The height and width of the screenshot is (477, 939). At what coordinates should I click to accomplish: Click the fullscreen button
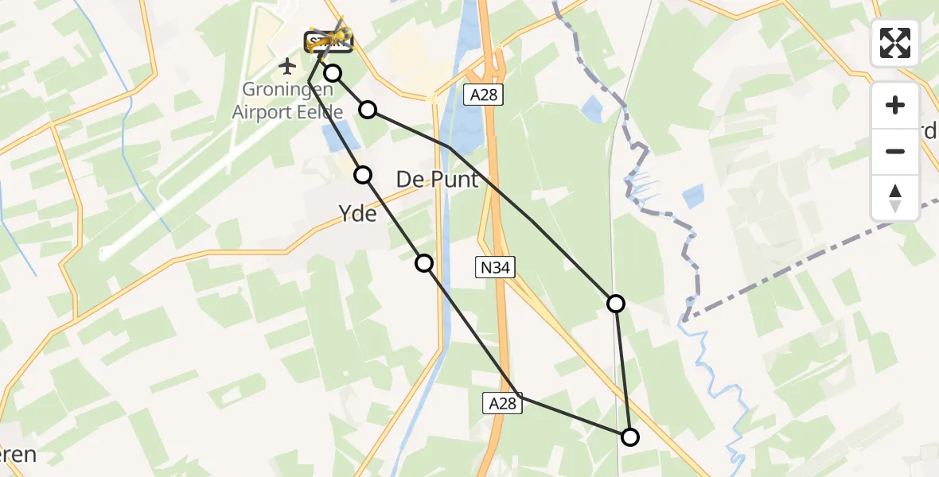(895, 43)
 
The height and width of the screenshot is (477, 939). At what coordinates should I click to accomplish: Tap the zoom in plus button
(895, 105)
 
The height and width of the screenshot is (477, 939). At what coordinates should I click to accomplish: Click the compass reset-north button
(895, 198)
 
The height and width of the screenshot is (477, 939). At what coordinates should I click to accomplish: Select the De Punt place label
(438, 180)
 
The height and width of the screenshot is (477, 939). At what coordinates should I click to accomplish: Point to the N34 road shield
(494, 269)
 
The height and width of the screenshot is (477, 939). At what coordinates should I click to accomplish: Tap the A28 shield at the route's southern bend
(503, 404)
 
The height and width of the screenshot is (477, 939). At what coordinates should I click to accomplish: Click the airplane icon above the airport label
(288, 64)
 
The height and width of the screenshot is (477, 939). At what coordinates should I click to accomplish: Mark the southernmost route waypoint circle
(629, 436)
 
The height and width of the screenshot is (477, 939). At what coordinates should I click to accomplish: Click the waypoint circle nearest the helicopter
(333, 73)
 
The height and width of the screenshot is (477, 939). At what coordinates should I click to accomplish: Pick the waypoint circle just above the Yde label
(363, 175)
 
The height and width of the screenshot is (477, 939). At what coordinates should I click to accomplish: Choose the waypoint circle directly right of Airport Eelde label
(368, 109)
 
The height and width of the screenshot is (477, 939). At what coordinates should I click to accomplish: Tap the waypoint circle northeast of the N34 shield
(615, 303)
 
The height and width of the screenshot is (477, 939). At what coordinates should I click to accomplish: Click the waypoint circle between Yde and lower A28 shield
(424, 263)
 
